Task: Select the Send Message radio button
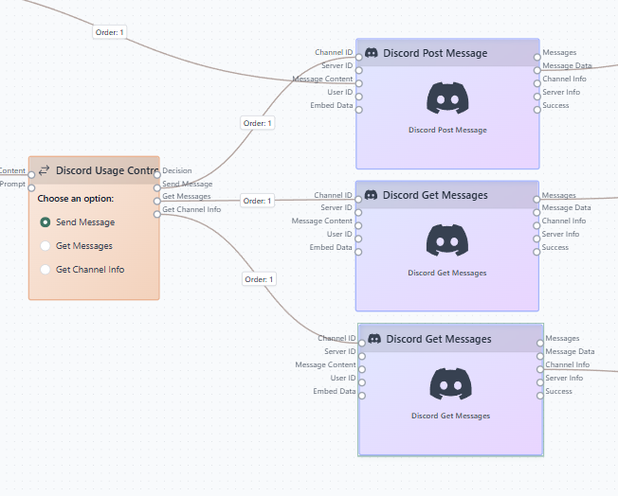[45, 222]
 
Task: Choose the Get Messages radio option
[45, 246]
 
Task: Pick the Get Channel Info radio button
[45, 270]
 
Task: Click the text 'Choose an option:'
[76, 199]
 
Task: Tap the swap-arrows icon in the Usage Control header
[44, 171]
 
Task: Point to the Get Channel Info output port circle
[157, 214]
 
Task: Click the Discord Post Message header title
[435, 53]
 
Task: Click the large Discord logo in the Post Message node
[447, 99]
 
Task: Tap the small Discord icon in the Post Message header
[372, 53]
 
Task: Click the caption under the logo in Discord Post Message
[447, 130]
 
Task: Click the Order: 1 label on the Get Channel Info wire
[259, 279]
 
